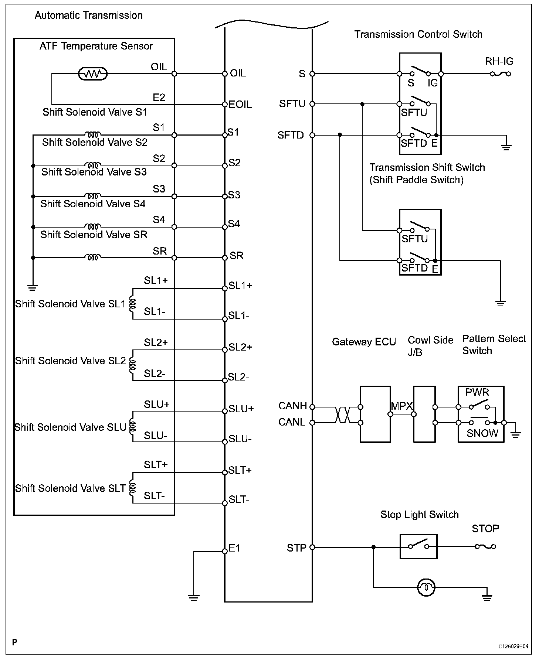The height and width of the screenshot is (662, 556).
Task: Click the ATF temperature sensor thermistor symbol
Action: tap(93, 74)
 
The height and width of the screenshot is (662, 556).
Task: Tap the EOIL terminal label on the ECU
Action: tap(240, 105)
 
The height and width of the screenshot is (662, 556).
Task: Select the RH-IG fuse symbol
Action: tap(501, 74)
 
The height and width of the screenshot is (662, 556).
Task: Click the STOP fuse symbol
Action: tap(485, 546)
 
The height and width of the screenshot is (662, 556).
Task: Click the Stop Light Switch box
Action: tap(418, 546)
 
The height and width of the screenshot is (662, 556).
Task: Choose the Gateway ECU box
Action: tap(375, 414)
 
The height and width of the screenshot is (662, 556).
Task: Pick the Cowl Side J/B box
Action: tap(424, 414)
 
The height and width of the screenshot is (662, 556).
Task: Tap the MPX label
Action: tap(402, 406)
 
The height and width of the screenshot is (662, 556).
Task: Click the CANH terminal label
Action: tap(293, 406)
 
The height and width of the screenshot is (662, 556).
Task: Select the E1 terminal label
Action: tap(235, 548)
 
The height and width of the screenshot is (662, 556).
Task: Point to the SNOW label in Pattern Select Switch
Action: tap(482, 433)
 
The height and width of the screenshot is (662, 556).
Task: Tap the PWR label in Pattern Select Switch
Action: tap(477, 392)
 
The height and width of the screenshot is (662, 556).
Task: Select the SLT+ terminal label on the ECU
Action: tap(240, 470)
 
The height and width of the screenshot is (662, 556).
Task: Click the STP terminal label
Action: tap(296, 548)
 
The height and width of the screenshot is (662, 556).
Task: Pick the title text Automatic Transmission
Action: tap(89, 16)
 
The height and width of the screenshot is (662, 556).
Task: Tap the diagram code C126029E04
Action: tap(513, 646)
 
